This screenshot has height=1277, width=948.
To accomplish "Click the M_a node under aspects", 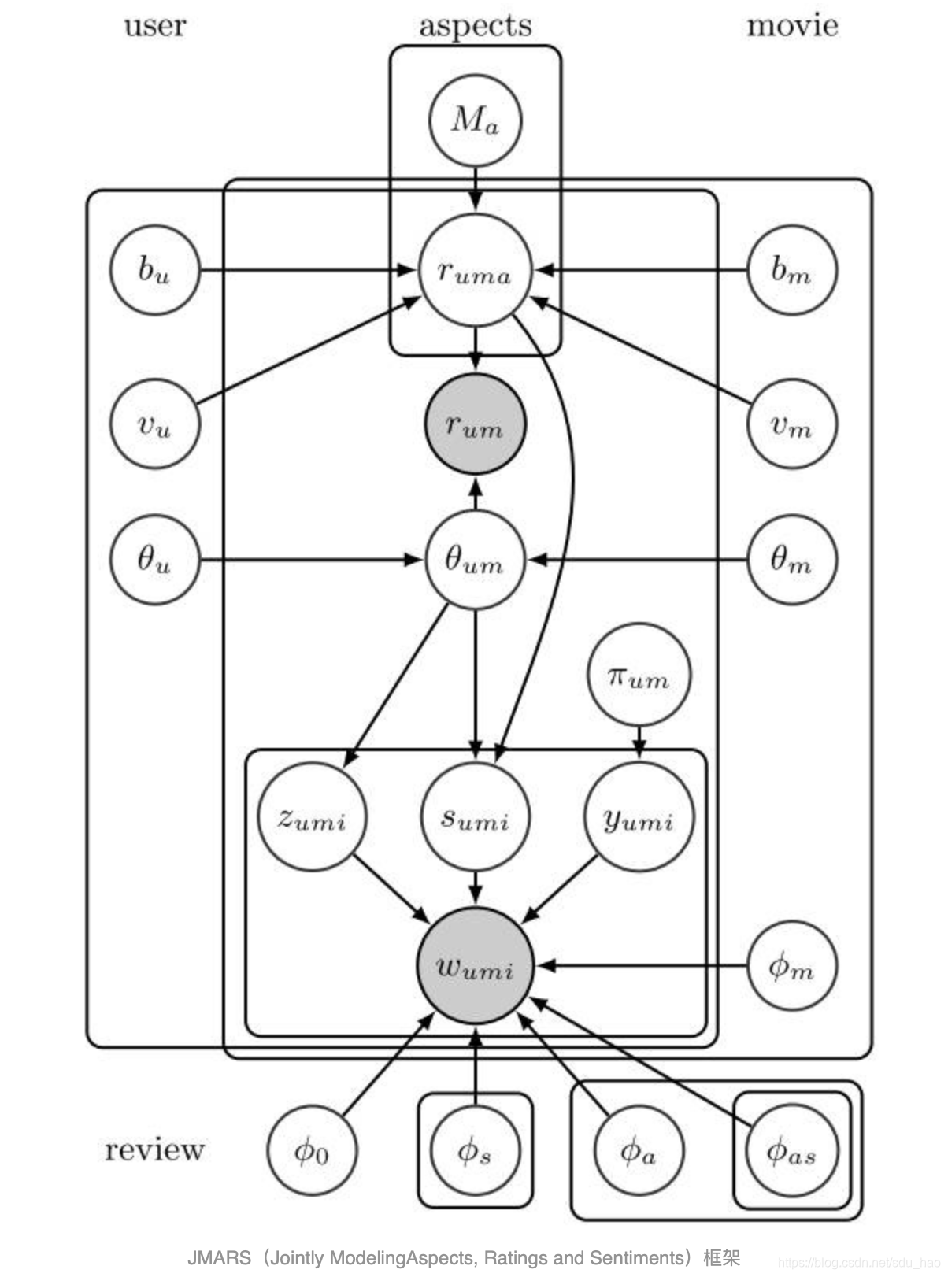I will coord(475,121).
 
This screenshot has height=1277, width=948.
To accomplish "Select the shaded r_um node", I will coord(475,424).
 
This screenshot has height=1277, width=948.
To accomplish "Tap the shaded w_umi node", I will coord(475,966).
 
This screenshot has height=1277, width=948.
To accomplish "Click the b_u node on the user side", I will coord(154,270).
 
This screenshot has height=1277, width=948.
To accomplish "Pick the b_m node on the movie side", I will coord(791,270).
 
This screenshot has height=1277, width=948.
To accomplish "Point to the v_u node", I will coord(154,424).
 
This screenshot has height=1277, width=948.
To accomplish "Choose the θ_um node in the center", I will coord(475,560).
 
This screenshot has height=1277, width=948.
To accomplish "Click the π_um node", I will coord(639,676).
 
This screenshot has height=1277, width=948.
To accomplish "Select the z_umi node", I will coord(312,817).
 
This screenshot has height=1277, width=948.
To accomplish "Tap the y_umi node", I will coord(639,817).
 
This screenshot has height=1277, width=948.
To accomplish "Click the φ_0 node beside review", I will coord(312,1150).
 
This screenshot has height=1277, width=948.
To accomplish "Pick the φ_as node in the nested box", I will coord(791,1150).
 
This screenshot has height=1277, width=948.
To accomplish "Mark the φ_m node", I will coord(791,966).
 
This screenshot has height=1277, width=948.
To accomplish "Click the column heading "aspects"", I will coord(475,26).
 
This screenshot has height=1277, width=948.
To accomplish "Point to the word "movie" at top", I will coord(791,25).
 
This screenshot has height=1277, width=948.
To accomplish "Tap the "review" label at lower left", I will coord(154,1149).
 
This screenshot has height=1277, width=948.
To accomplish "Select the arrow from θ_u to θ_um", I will coord(311,560).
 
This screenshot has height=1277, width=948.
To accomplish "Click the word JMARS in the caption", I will coord(219,1257).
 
